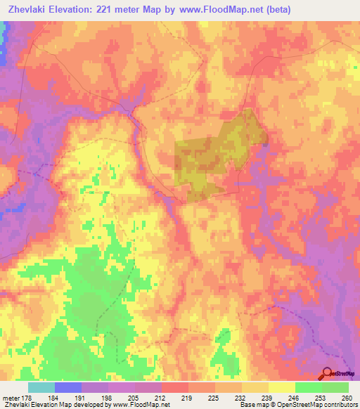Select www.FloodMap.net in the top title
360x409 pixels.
tap(219, 10)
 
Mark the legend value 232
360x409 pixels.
tap(241, 396)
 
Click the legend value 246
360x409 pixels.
tap(295, 396)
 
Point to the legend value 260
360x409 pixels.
tap(347, 396)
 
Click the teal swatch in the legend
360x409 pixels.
tap(41, 387)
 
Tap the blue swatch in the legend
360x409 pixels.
tap(67, 387)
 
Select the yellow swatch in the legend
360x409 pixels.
tap(281, 387)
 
